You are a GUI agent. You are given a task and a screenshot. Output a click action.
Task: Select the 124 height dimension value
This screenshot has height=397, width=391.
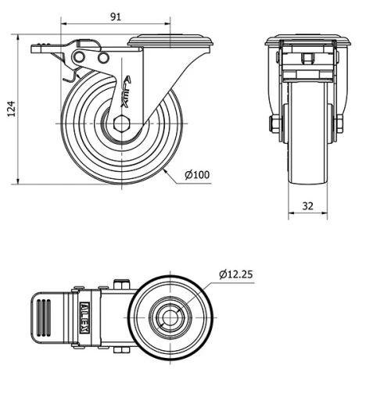click(10, 110)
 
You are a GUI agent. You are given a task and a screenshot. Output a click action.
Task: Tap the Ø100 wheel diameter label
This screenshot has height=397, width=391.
click(198, 174)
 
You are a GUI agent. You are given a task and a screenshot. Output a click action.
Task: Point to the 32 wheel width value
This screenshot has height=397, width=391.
click(307, 206)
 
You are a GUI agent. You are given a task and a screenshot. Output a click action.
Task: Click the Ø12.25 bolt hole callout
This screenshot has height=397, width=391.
click(235, 274)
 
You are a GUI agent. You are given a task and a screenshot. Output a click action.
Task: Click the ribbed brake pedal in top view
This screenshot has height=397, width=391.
click(48, 317)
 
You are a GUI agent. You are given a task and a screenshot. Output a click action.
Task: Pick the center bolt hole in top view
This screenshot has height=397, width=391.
click(170, 317)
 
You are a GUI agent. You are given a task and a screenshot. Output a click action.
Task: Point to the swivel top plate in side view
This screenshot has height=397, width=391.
click(170, 41)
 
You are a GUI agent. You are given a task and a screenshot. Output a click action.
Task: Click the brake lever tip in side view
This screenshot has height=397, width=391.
click(39, 48)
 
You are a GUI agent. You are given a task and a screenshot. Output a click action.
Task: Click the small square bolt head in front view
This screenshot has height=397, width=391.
click(307, 58)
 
